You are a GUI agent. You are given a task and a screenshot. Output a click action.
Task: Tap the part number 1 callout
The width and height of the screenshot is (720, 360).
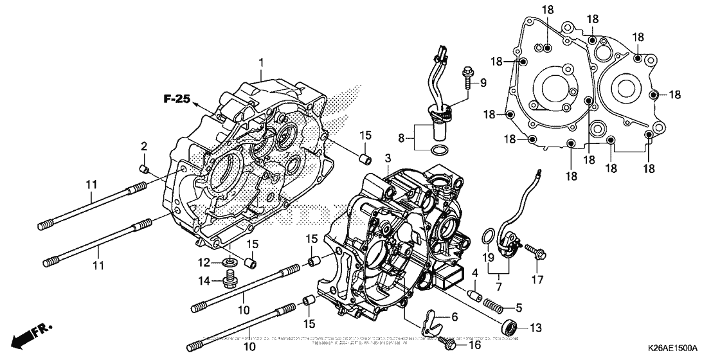(x=262, y=62)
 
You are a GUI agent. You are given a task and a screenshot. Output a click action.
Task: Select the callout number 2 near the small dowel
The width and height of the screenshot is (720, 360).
(x=145, y=147)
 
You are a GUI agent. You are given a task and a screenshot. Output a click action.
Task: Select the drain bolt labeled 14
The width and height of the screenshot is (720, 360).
(x=228, y=280)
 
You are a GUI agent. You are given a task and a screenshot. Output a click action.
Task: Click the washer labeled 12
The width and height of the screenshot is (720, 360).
(x=228, y=262)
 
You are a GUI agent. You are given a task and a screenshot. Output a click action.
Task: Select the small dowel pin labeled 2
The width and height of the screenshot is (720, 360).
(x=145, y=169)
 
